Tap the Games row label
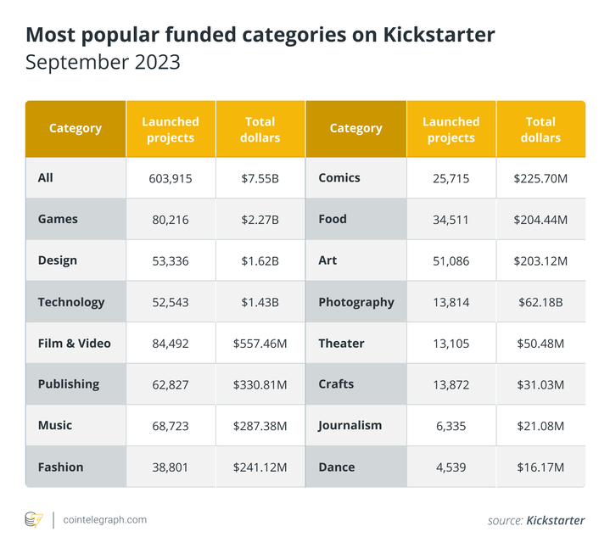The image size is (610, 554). click(x=58, y=219)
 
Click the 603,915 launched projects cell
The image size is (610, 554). click(x=171, y=178)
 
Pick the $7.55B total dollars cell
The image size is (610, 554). click(x=260, y=178)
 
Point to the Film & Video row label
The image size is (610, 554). click(x=75, y=344)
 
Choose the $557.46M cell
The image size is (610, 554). click(x=260, y=344)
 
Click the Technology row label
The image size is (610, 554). click(x=71, y=302)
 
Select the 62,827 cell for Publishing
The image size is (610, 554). click(x=171, y=385)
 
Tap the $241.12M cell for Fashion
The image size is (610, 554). click(x=260, y=467)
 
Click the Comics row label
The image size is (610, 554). click(x=339, y=178)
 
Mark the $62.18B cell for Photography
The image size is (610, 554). click(x=540, y=303)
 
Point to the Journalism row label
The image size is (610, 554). click(x=350, y=426)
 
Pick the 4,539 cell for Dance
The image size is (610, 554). click(x=451, y=467)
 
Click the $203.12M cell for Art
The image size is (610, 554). click(x=540, y=261)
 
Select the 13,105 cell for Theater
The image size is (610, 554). click(x=451, y=344)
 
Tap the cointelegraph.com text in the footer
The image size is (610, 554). click(x=104, y=519)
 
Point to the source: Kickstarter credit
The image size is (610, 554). click(x=535, y=520)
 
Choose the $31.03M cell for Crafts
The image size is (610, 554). click(x=540, y=385)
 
